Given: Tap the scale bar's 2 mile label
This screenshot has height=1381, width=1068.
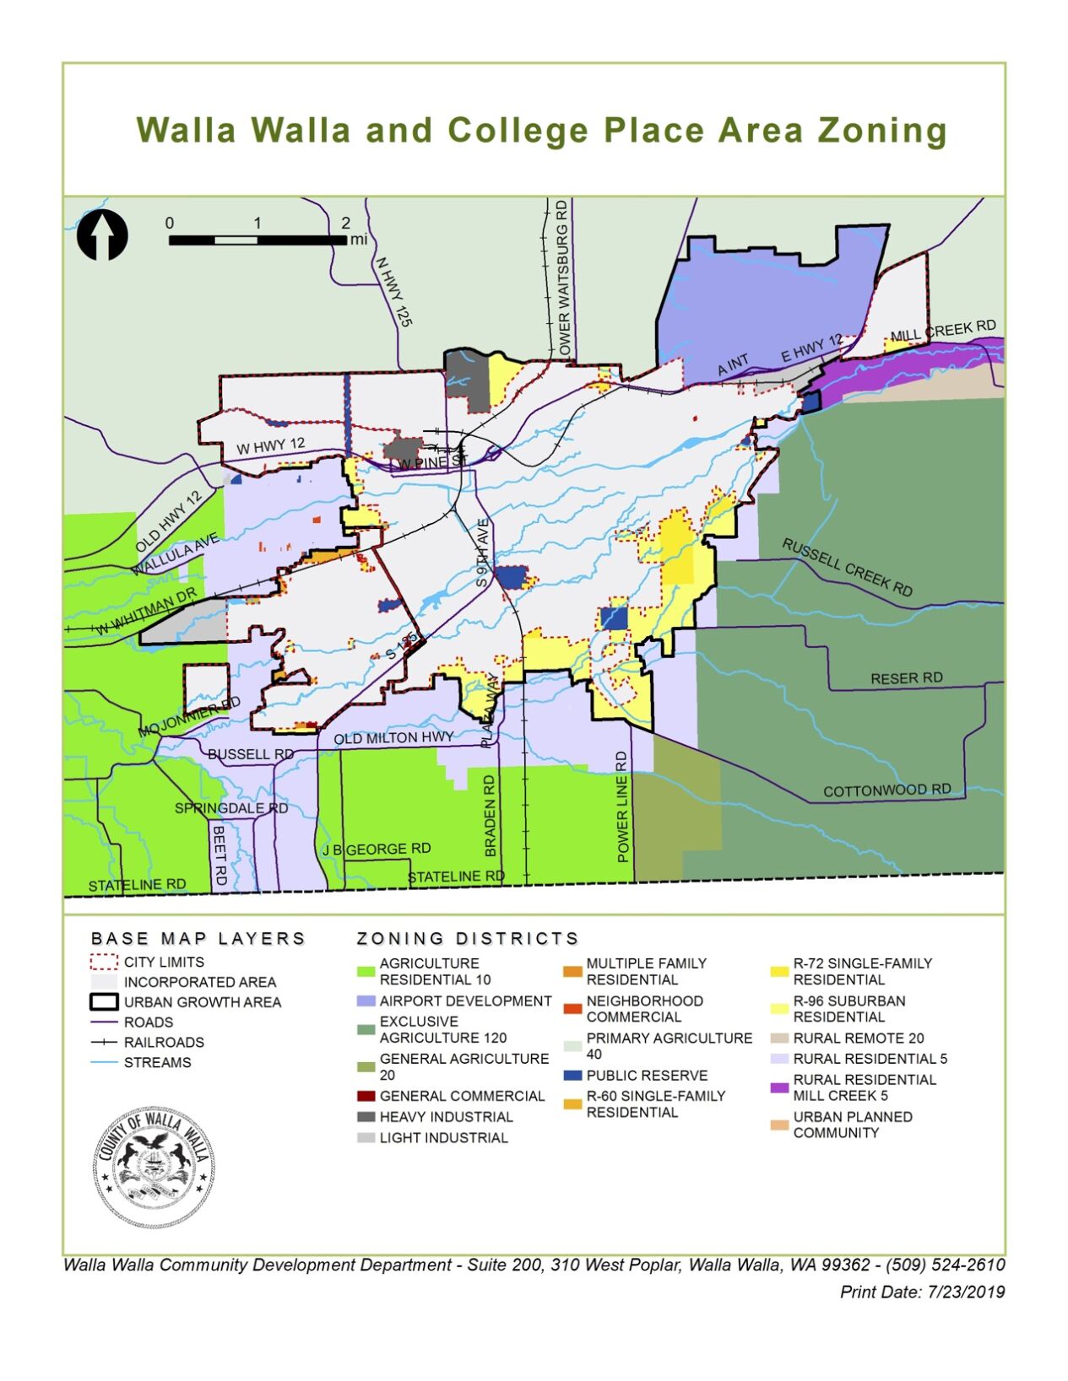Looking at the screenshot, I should click(345, 223).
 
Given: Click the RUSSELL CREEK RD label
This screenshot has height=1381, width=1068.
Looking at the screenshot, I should click(847, 567).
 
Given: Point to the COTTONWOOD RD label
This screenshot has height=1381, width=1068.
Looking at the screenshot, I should click(886, 790).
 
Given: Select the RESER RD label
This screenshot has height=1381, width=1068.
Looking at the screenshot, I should click(906, 678).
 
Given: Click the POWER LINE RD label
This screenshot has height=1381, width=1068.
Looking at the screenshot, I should click(622, 806).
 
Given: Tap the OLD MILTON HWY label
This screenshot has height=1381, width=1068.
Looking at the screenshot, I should click(393, 738).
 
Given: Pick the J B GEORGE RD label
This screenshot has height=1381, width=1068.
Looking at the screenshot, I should click(376, 849).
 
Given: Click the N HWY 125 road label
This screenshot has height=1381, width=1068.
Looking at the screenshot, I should click(393, 292).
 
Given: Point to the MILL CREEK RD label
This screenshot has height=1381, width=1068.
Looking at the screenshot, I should click(943, 331).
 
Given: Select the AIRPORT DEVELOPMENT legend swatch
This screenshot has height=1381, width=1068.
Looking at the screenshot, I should click(366, 1001).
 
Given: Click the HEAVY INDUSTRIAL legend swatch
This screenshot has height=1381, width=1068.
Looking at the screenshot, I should click(366, 1117).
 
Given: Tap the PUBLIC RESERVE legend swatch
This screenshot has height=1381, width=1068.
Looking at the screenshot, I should click(572, 1076).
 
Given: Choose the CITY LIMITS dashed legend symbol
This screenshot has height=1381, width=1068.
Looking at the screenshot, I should click(103, 962).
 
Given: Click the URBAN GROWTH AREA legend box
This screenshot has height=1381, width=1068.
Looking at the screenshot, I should click(103, 1002).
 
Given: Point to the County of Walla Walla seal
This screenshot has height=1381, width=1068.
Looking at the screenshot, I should click(153, 1168).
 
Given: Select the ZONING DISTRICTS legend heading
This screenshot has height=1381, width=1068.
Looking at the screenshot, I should click(467, 938).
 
